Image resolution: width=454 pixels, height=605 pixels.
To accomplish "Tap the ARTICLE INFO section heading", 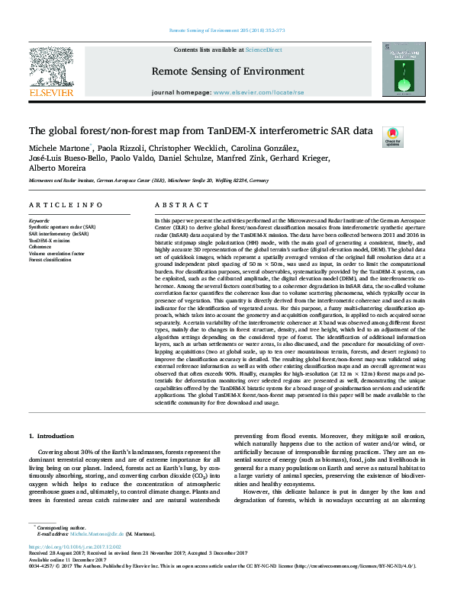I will (66, 206).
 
